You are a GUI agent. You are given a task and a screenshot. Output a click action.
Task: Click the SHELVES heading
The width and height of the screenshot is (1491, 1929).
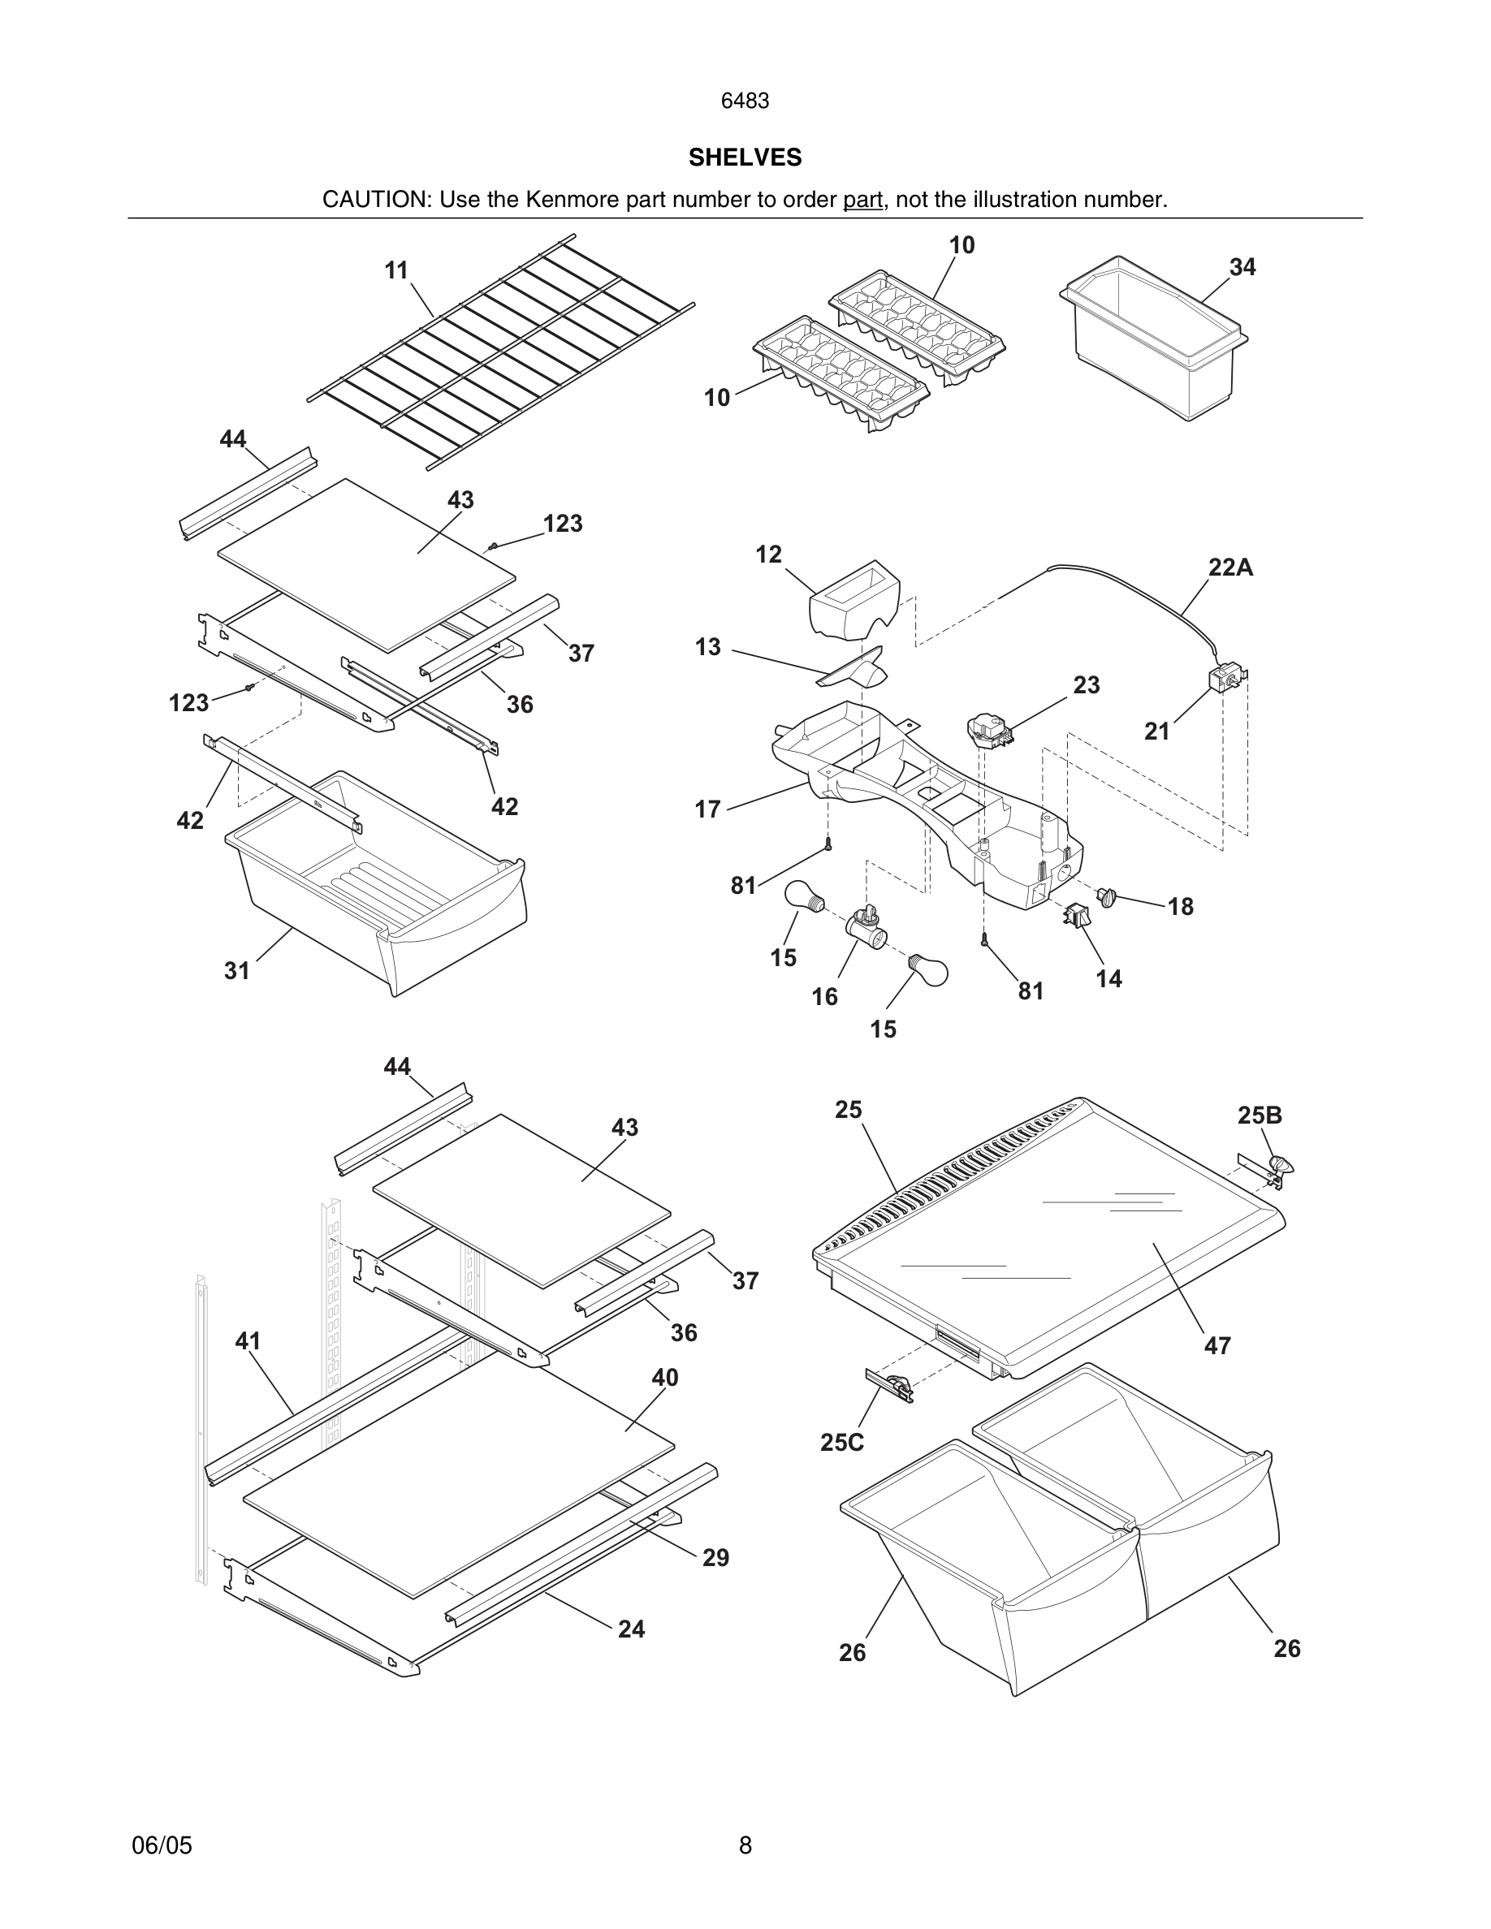coord(745,158)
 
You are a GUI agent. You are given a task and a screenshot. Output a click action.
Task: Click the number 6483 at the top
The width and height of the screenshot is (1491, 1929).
coord(745,101)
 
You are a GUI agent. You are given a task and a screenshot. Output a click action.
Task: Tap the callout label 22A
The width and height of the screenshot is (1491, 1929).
coord(1230,568)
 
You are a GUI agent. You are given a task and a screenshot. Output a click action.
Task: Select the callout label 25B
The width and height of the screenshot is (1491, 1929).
coord(1259,1116)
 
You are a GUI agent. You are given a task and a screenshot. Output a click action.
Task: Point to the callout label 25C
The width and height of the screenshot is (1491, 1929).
coord(842,1443)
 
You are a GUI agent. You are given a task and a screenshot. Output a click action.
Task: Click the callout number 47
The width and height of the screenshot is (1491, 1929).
coord(1217,1346)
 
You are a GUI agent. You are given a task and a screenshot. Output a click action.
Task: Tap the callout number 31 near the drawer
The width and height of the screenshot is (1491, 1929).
coord(236,972)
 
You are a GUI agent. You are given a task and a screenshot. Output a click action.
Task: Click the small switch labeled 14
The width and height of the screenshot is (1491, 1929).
coord(1077,916)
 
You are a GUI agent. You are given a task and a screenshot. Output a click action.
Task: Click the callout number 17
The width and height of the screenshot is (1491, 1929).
coord(707,809)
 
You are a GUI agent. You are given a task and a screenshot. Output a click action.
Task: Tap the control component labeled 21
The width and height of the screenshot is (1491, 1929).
coord(1225,681)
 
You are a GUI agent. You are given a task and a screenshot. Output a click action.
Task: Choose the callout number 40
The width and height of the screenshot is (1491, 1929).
coord(664,1378)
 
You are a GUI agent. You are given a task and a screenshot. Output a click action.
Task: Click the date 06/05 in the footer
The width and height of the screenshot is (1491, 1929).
coord(162,1845)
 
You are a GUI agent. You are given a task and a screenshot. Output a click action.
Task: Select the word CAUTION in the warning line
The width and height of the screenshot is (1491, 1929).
coord(375,200)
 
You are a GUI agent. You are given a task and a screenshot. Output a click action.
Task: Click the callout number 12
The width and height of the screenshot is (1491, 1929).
coord(768,555)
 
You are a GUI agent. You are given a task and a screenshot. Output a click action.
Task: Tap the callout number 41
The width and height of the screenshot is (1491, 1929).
coord(248,1340)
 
